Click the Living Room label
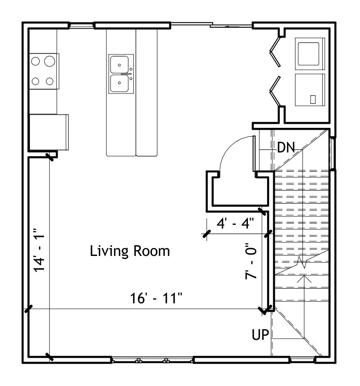pyautogui.click(x=130, y=251)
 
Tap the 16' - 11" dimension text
pyautogui.click(x=156, y=298)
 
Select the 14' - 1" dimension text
pyautogui.click(x=39, y=250)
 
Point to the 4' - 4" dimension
pyautogui.click(x=235, y=223)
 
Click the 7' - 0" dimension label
pyautogui.click(x=251, y=261)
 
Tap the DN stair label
pyautogui.click(x=286, y=147)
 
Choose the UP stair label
pyautogui.click(x=260, y=334)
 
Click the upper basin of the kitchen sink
pyautogui.click(x=119, y=64)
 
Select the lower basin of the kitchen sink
pyautogui.click(x=119, y=83)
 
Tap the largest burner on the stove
pyautogui.click(x=49, y=61)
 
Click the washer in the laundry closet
pyautogui.click(x=309, y=54)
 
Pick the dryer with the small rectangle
pyautogui.click(x=310, y=90)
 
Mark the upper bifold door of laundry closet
pyautogui.click(x=275, y=52)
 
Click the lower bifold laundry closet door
pyautogui.click(x=275, y=91)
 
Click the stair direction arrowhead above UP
pyautogui.click(x=304, y=278)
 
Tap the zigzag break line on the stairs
pyautogui.click(x=302, y=263)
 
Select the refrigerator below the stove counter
pyautogui.click(x=49, y=132)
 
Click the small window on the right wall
pyautogui.click(x=333, y=153)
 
